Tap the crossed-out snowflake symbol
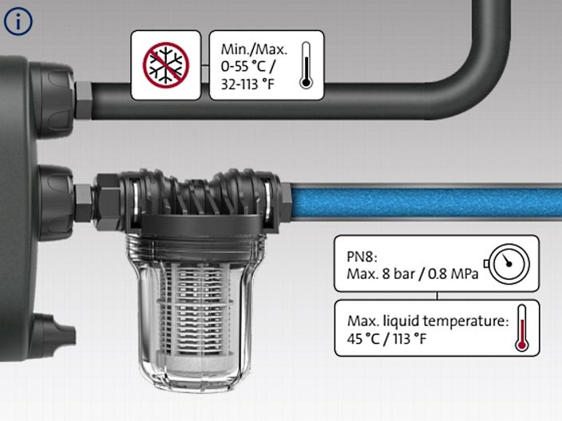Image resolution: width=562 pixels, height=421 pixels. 165,65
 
